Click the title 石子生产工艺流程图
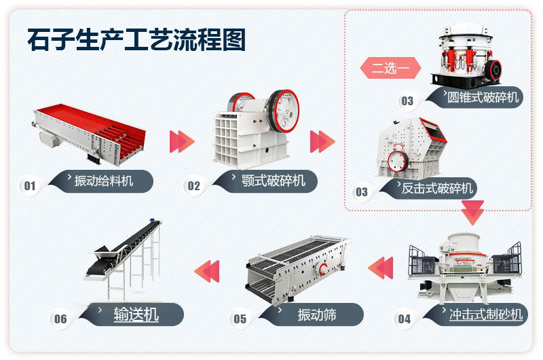136,39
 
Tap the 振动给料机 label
103,181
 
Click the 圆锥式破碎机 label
483,97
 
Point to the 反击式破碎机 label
437,188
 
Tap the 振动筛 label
316,314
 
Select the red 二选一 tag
390,69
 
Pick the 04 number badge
405,319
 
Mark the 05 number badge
240,319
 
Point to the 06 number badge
60,319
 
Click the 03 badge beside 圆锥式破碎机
407,101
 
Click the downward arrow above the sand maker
472,213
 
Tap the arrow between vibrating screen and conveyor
207,270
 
